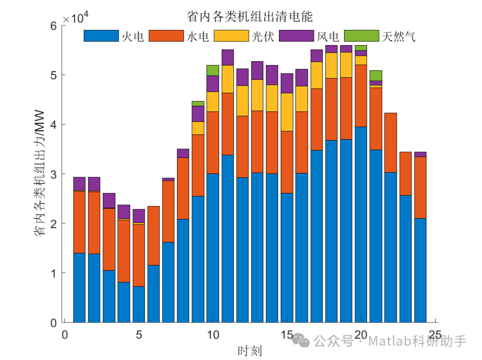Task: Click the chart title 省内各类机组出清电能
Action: click(249, 17)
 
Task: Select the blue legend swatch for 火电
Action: click(101, 36)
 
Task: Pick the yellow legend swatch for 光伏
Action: click(231, 36)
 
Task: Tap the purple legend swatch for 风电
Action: click(296, 36)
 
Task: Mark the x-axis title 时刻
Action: click(249, 351)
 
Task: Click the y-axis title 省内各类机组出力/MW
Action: click(40, 174)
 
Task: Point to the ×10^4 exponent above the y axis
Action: click(75, 18)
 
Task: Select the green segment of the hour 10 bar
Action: click(213, 70)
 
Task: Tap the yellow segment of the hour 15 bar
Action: click(287, 112)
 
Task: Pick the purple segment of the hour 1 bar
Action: click(79, 184)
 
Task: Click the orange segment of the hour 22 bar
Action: click(391, 142)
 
